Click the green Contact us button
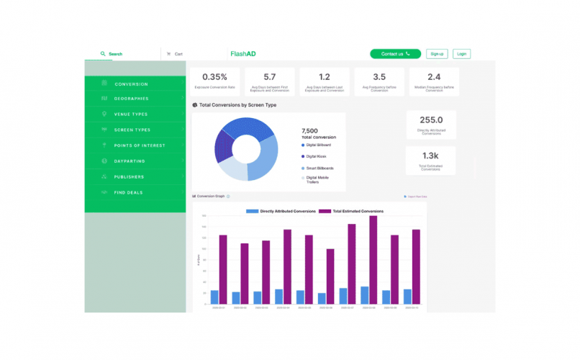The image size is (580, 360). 395,54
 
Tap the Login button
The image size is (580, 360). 461,54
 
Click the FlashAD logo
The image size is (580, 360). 241,54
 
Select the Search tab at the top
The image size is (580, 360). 112,54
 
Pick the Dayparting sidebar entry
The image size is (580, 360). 130,161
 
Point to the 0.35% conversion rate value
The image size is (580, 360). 214,77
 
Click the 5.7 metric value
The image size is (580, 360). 270,76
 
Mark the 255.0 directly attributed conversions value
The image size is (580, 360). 430,120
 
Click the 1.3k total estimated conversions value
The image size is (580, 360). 430,156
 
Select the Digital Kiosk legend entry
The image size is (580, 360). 317,156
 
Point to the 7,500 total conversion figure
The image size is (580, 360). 310,131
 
